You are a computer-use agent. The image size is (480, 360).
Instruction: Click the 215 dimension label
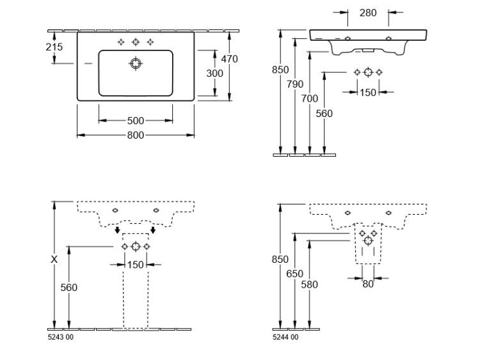click(x=54, y=47)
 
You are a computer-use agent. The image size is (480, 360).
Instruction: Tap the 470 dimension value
click(x=230, y=59)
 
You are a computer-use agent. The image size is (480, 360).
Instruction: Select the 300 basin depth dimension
click(x=214, y=74)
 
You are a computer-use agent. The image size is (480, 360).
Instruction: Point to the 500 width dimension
click(x=136, y=121)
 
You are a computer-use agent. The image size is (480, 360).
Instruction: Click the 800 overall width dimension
click(x=136, y=135)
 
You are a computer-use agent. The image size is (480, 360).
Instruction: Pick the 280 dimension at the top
click(x=368, y=13)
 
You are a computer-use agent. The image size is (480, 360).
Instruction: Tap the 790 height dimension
click(x=295, y=84)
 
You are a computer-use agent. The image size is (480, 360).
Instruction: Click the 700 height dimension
click(x=310, y=98)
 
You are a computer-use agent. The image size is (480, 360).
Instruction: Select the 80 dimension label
click(x=368, y=284)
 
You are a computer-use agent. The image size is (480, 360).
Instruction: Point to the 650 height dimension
click(x=295, y=274)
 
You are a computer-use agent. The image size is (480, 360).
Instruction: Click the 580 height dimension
click(x=309, y=285)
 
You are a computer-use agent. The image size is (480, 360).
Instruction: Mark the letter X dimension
click(x=54, y=260)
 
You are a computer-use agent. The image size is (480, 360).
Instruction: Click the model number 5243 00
click(x=61, y=337)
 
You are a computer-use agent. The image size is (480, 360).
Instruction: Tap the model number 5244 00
click(x=285, y=337)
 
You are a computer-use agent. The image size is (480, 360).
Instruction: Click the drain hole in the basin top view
click(x=136, y=63)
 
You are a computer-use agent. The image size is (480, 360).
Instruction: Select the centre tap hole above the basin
click(x=136, y=42)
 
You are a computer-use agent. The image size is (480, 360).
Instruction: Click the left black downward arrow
click(x=117, y=230)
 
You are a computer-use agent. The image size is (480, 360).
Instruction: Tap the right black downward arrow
click(x=153, y=230)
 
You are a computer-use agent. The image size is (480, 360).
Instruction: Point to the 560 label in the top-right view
click(x=324, y=114)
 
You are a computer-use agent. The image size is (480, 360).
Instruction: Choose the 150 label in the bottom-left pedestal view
click(x=135, y=265)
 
